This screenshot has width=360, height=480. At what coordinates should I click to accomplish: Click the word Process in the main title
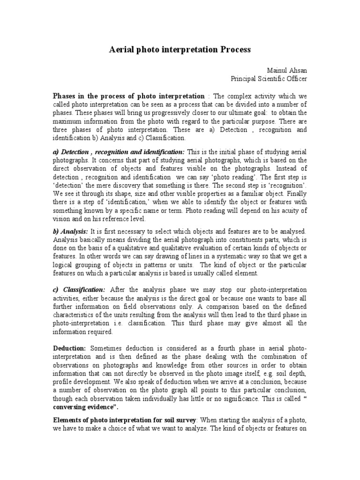(x=231, y=49)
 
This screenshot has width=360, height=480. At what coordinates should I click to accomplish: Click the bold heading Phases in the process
(x=128, y=96)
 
